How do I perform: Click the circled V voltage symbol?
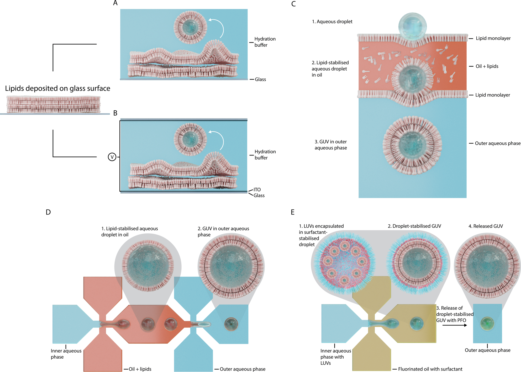(112, 157)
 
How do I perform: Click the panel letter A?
(115, 3)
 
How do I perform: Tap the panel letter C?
(293, 4)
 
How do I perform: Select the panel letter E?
(293, 212)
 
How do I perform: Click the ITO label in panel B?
(257, 190)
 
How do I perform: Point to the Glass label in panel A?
(260, 79)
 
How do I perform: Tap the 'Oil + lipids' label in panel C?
(487, 66)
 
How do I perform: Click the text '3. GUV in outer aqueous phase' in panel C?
(331, 145)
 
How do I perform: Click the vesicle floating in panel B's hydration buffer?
(190, 139)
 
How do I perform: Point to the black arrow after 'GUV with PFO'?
(455, 325)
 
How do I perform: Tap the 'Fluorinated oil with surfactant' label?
(430, 369)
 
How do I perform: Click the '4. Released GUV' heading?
(486, 226)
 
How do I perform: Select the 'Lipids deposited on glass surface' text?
(57, 88)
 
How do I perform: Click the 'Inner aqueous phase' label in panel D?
(66, 354)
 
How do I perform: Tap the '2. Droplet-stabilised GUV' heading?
(414, 226)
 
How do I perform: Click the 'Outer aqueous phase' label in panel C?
(498, 143)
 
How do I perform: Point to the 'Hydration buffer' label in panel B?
(265, 155)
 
